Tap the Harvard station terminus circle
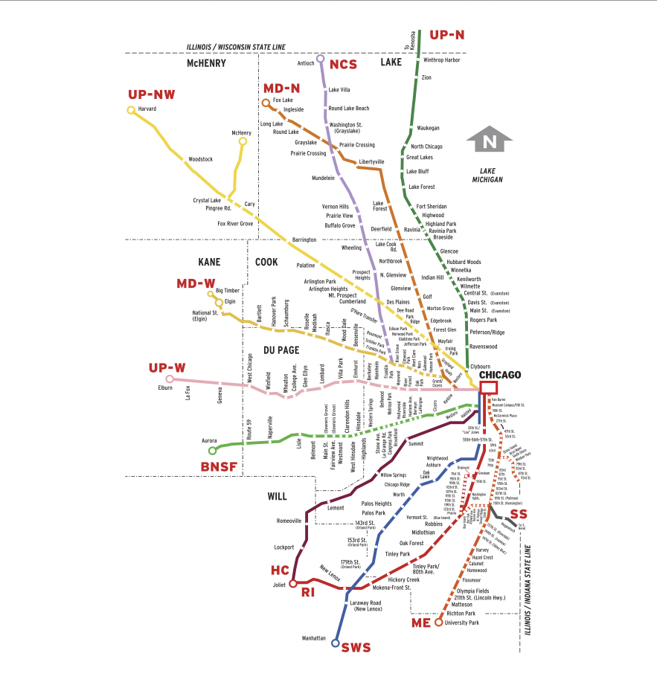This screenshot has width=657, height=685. point(131,110)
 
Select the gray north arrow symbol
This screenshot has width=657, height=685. point(489,141)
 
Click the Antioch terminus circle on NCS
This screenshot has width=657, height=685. point(320,58)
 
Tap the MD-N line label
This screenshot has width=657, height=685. point(281,88)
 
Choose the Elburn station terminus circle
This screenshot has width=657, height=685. point(170,379)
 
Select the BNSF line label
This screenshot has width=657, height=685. point(219,466)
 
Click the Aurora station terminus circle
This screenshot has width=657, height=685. point(212,450)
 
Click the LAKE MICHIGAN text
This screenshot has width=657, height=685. point(487,176)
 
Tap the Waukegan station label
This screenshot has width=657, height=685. point(429,128)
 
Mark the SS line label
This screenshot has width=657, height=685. point(518,514)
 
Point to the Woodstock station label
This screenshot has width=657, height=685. point(200,159)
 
